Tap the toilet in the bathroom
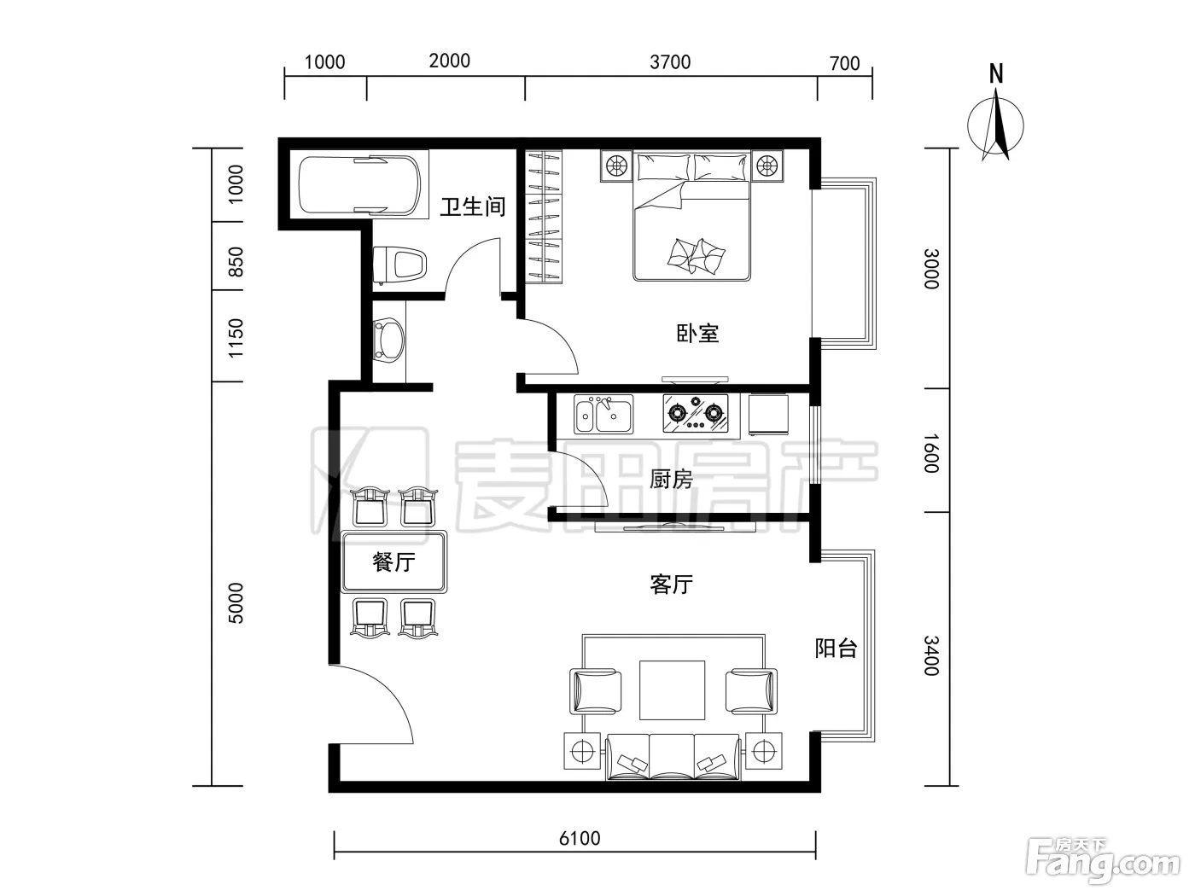pos(399,265)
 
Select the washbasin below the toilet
pos(388,340)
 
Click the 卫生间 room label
pos(473,207)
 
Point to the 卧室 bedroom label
pos(697,334)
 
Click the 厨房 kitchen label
pos(671,480)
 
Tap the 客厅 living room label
pos(671,585)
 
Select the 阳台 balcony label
pos(836,648)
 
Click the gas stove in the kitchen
pos(696,414)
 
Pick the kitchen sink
pos(603,414)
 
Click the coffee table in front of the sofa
pos(672,690)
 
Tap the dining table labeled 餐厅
pos(393,562)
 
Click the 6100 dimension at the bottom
pos(580,838)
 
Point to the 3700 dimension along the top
pos(670,62)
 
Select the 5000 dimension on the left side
pos(236,603)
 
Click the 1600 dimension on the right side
pos(931,453)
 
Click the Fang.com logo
pos(1103,865)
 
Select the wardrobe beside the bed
pos(544,217)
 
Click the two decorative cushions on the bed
pos(697,256)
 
